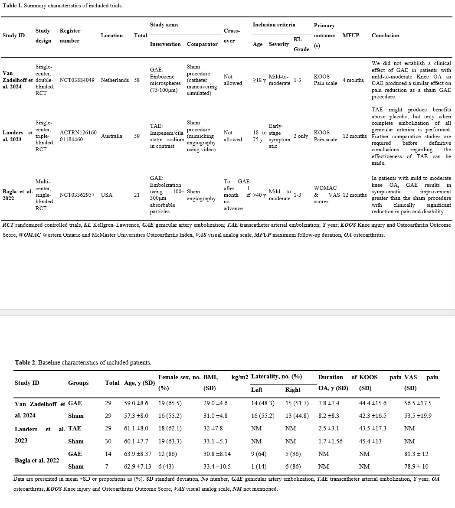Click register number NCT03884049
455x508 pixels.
coord(79,80)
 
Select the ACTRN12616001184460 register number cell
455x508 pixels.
coord(78,136)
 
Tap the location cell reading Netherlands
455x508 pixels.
coord(115,80)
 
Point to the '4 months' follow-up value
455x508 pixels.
coord(353,80)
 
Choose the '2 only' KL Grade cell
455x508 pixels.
coord(301,136)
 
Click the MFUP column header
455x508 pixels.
coord(351,36)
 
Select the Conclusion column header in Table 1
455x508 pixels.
coord(385,36)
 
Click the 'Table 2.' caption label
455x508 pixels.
coord(26,362)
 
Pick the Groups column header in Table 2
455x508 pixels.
coord(78,383)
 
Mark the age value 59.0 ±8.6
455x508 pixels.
coord(136,403)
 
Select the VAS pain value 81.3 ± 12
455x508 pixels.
coord(416,454)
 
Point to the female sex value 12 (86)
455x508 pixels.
coord(167,454)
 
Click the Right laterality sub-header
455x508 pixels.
coord(293,390)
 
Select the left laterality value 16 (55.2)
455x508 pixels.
coord(263,416)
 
